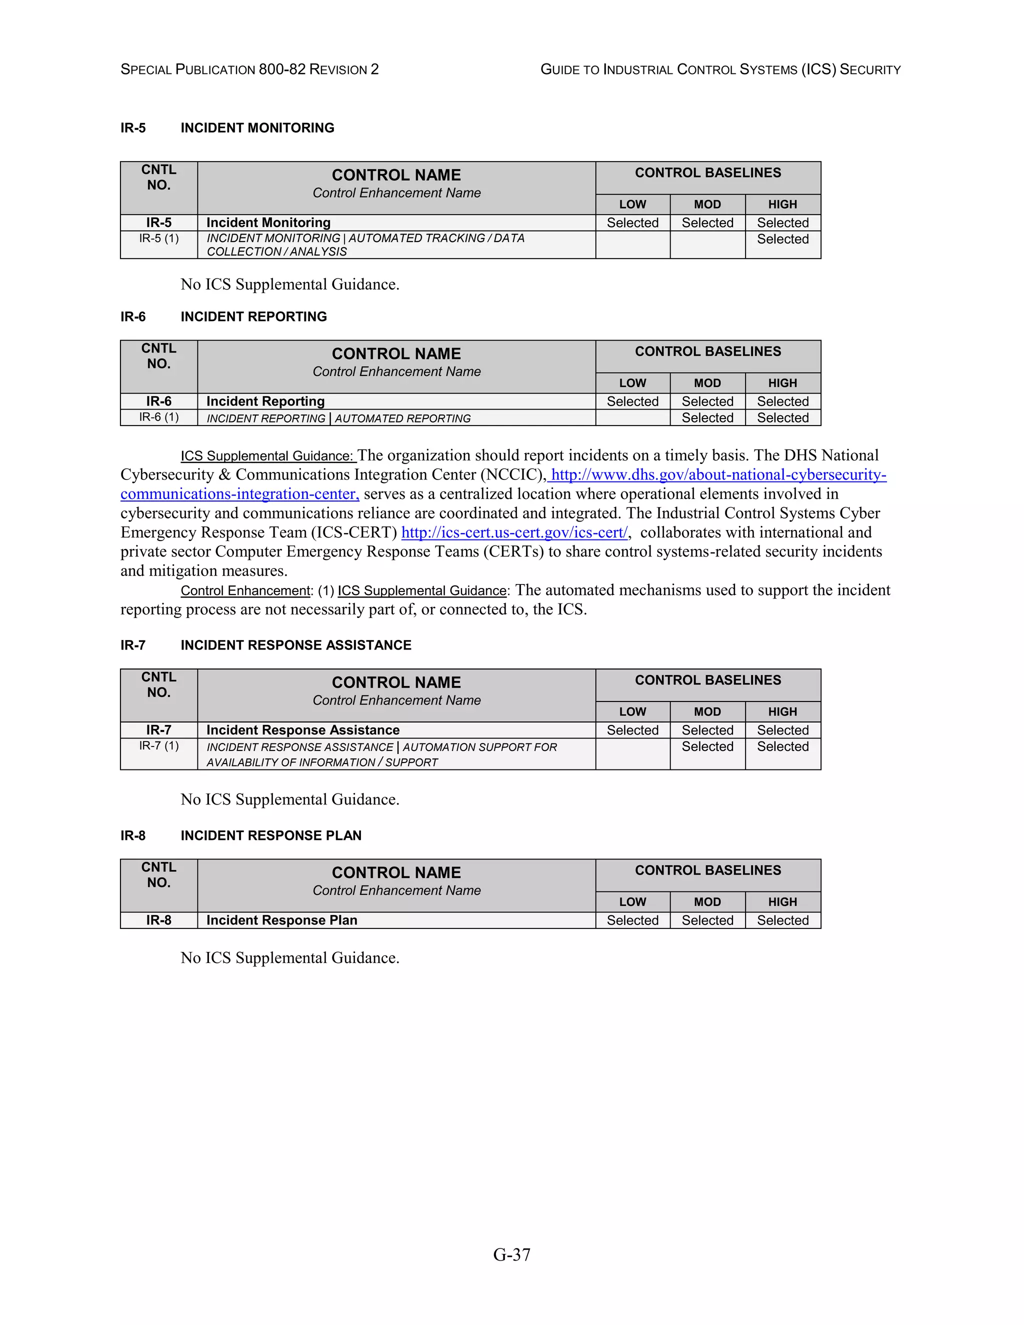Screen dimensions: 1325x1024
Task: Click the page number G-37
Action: tap(511, 1254)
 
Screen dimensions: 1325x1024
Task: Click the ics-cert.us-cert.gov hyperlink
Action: tap(514, 532)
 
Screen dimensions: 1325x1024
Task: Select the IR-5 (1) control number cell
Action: tap(159, 238)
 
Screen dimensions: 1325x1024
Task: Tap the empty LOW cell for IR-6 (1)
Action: tap(632, 417)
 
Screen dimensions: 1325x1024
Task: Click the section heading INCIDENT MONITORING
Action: tap(257, 128)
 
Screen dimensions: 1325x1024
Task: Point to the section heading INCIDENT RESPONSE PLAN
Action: tap(270, 835)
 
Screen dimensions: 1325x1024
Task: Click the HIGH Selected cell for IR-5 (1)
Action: tap(782, 239)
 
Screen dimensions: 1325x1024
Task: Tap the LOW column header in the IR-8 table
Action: tap(632, 901)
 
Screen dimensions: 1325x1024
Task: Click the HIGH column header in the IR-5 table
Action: tap(782, 204)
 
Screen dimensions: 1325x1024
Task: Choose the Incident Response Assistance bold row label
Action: tap(302, 730)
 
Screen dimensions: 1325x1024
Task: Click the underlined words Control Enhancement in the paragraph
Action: tap(245, 591)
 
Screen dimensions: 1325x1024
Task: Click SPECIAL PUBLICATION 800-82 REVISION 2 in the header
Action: tap(249, 70)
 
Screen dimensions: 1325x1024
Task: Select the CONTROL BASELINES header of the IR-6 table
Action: tap(708, 351)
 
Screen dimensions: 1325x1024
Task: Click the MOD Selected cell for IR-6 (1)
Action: tap(707, 417)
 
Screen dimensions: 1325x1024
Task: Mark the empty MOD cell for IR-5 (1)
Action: tap(707, 244)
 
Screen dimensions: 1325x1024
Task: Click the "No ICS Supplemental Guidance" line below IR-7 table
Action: tap(290, 799)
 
